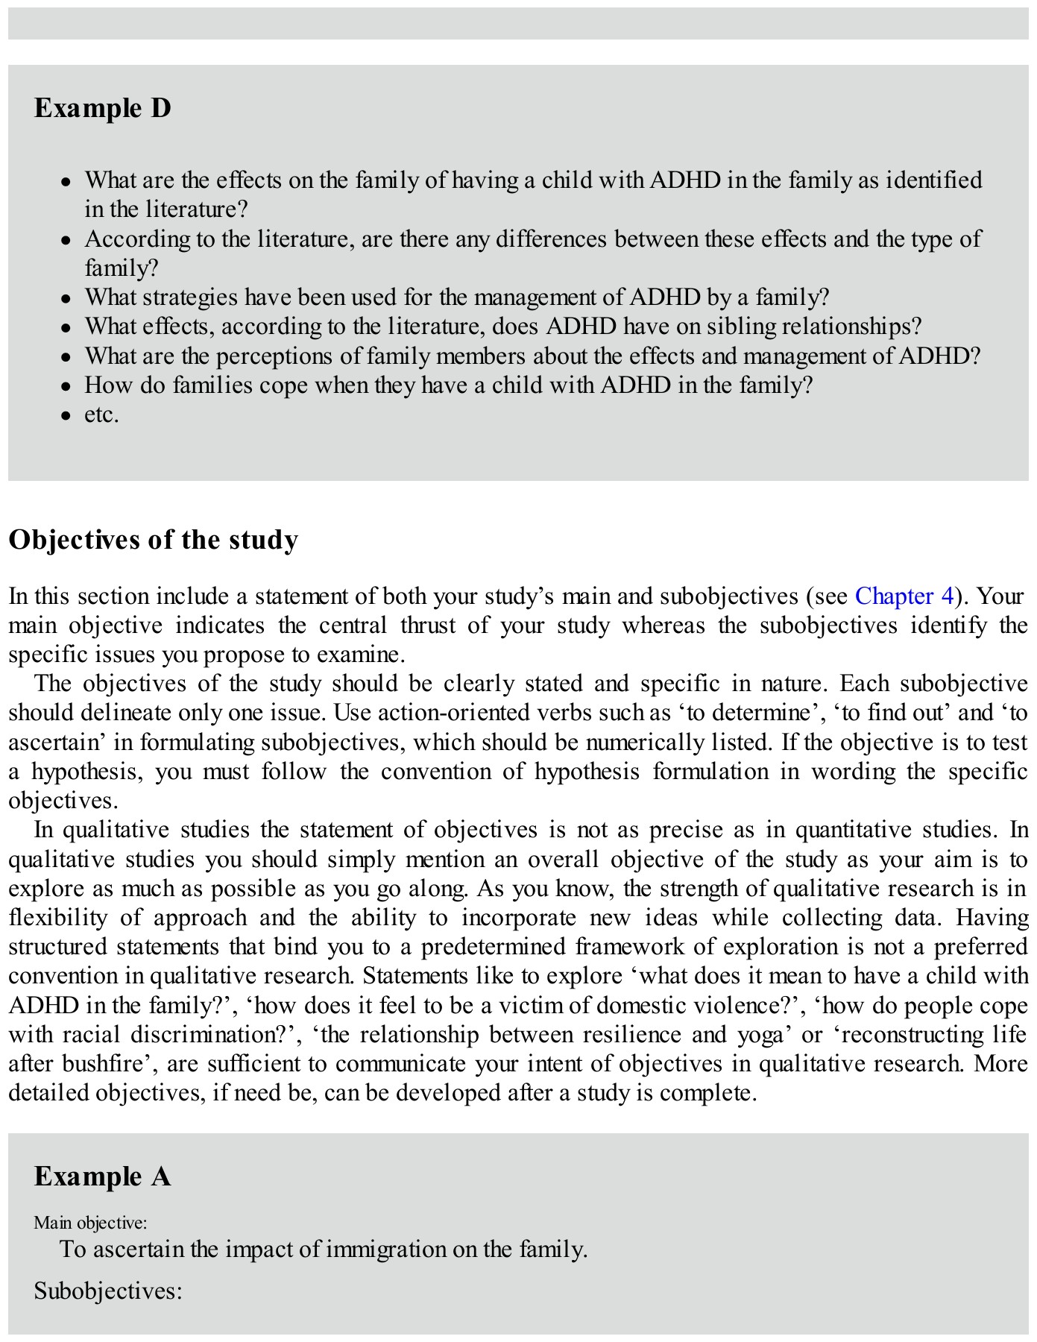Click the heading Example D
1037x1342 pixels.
click(x=102, y=109)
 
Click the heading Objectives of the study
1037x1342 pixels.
click(x=153, y=539)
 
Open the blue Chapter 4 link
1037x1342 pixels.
click(x=904, y=596)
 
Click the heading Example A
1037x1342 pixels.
click(x=102, y=1176)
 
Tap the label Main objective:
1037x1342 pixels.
click(x=90, y=1223)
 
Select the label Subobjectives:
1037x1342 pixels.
click(x=108, y=1291)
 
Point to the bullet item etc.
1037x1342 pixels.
click(x=101, y=415)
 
